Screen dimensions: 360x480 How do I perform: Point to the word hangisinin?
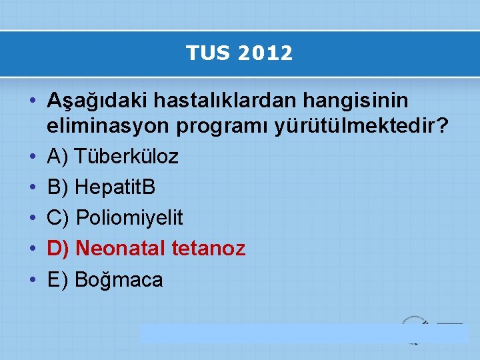coord(366,101)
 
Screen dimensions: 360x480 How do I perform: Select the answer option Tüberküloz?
coord(127,157)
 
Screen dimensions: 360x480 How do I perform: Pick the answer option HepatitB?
coord(115,187)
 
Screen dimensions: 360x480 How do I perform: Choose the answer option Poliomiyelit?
coord(129,218)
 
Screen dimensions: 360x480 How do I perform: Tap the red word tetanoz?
coord(209,249)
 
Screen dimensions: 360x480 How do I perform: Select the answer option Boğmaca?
coord(119,279)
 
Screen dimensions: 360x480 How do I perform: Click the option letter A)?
coord(58,157)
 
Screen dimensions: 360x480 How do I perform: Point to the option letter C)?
coord(58,218)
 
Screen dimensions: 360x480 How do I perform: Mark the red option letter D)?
coord(58,249)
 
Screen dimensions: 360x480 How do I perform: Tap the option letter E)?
coord(58,279)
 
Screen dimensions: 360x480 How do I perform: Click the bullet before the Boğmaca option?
coord(32,279)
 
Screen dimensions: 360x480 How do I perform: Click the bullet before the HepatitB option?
coord(32,187)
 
